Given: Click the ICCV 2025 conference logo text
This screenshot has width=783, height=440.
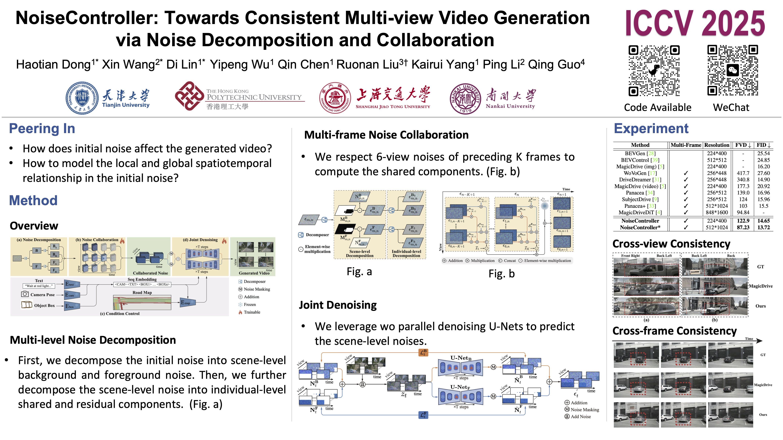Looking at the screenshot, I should (x=695, y=24).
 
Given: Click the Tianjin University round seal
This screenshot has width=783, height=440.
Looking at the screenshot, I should (x=82, y=98).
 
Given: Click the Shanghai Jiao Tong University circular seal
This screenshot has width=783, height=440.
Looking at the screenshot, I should (x=335, y=98).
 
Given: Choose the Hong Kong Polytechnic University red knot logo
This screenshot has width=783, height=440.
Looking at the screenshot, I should (x=189, y=96).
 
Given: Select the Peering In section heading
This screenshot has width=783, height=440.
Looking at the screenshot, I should (x=42, y=129).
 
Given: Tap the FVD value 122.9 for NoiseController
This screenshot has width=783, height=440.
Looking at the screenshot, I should (x=743, y=221).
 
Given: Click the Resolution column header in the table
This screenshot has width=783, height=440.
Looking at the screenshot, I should (x=716, y=145).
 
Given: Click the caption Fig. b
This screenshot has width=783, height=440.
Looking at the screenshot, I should (x=501, y=274).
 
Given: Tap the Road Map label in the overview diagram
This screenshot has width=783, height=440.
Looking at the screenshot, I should (x=142, y=292).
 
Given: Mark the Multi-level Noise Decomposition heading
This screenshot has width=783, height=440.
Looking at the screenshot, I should (x=93, y=340).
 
